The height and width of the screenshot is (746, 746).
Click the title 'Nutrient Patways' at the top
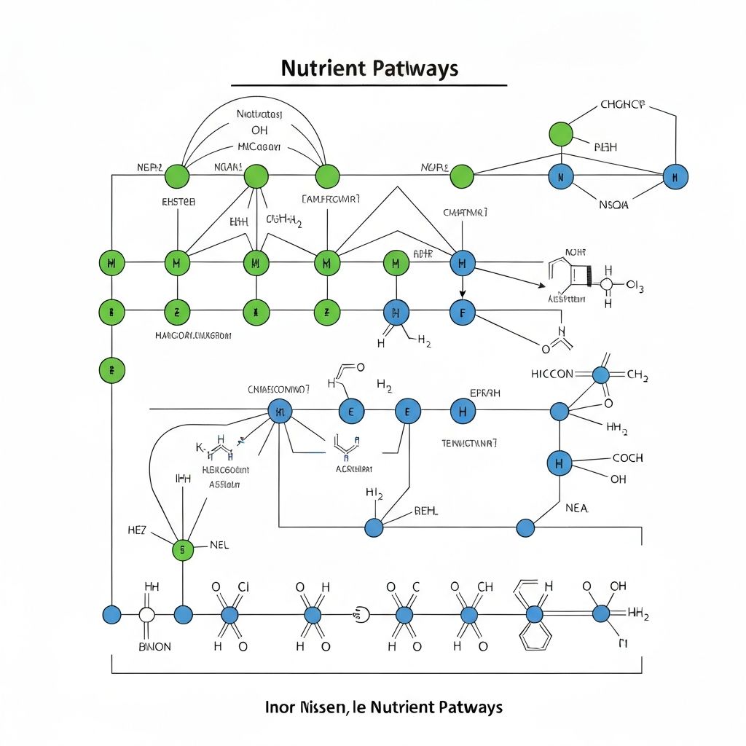coord(369,68)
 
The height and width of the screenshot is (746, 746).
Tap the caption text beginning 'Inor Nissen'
coord(383,707)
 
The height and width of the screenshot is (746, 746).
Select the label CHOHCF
coord(622,105)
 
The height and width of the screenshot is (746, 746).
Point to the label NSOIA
coord(613,205)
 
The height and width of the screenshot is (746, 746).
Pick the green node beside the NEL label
coord(183,549)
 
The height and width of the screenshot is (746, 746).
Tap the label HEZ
coord(136,530)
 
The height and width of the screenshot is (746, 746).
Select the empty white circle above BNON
coord(147,615)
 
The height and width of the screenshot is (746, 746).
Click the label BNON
coord(154,646)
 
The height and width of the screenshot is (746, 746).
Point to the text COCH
coord(627,458)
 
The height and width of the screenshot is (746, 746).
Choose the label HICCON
coord(551,374)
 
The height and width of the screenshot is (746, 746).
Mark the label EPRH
coord(485,393)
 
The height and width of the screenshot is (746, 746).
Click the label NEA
coord(576,508)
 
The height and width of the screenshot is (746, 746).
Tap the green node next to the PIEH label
coord(560,134)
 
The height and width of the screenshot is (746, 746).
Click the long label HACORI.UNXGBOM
coord(193,336)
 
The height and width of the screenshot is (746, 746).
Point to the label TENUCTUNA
coord(469,442)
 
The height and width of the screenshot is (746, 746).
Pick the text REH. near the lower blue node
coord(426,511)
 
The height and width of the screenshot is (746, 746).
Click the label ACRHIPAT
coord(353,469)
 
